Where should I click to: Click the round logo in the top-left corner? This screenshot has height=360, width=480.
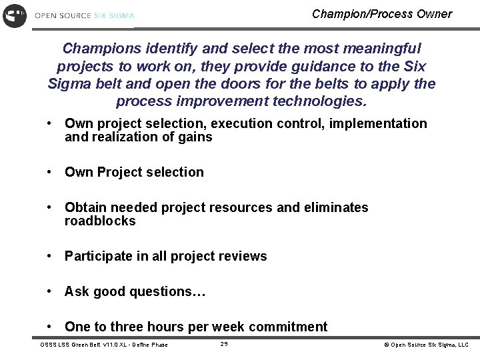[14, 15]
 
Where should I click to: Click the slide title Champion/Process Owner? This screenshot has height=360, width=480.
[381, 14]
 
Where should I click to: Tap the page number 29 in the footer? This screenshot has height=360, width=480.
[224, 344]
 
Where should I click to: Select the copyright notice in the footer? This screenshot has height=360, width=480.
[426, 345]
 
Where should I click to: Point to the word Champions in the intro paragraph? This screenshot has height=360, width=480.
[101, 49]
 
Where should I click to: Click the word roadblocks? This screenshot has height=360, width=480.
[100, 221]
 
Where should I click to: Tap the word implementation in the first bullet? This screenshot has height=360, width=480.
[387, 123]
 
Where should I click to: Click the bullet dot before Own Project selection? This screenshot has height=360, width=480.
[50, 172]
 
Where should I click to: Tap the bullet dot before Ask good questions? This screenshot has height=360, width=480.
[50, 291]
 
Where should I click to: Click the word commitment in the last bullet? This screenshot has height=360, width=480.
[289, 327]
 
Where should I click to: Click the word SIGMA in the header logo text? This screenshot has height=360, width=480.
[121, 15]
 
